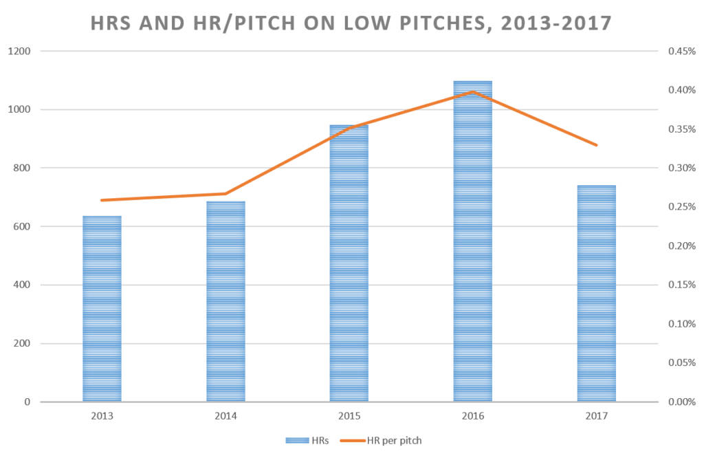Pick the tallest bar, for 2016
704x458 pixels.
click(x=473, y=241)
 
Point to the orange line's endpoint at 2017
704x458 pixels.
click(x=596, y=145)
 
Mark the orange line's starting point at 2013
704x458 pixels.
click(x=102, y=200)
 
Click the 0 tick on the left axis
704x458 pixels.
click(x=27, y=402)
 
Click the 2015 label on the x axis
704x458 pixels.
click(x=349, y=416)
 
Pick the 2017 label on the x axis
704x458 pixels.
click(x=596, y=416)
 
